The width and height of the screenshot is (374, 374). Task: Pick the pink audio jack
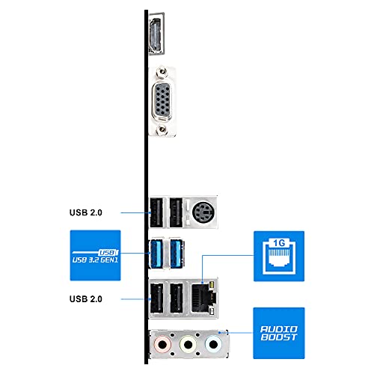(162, 345)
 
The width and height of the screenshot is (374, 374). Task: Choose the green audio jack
(188, 345)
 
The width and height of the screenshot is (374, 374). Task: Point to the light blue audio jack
(213, 345)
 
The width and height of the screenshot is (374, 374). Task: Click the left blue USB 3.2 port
(156, 254)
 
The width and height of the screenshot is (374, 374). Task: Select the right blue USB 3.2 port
(177, 254)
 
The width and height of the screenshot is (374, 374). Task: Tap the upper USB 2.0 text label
(86, 212)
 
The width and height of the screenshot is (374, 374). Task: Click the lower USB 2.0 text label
(86, 299)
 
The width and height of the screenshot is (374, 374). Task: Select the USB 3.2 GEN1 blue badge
(95, 255)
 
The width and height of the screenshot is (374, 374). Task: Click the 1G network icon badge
(279, 257)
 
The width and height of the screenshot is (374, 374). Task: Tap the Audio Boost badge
(279, 333)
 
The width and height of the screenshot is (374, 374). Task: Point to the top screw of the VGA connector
(162, 72)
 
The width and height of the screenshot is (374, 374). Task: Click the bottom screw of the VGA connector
(162, 129)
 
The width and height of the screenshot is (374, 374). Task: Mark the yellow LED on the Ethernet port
(212, 284)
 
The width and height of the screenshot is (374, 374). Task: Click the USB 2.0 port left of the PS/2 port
(176, 212)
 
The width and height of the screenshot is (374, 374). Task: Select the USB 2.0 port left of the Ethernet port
(177, 298)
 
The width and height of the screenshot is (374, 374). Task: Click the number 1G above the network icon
(279, 243)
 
